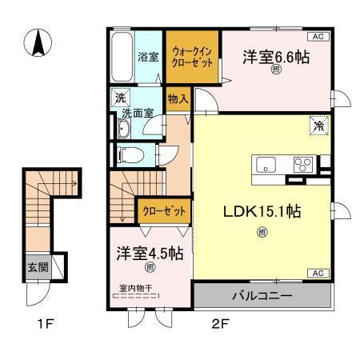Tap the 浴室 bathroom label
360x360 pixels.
pos(148,57)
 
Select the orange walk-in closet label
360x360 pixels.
pos(193,58)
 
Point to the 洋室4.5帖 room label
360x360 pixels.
pos(150,253)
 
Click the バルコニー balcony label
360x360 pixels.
pos(262,296)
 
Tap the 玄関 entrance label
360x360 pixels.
pos(38,266)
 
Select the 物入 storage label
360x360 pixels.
pos(178,99)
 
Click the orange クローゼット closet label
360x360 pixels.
pos(163,210)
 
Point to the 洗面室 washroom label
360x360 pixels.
pos(144,114)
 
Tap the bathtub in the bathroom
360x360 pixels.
pos(121,58)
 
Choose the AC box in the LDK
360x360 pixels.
pos(317,274)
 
